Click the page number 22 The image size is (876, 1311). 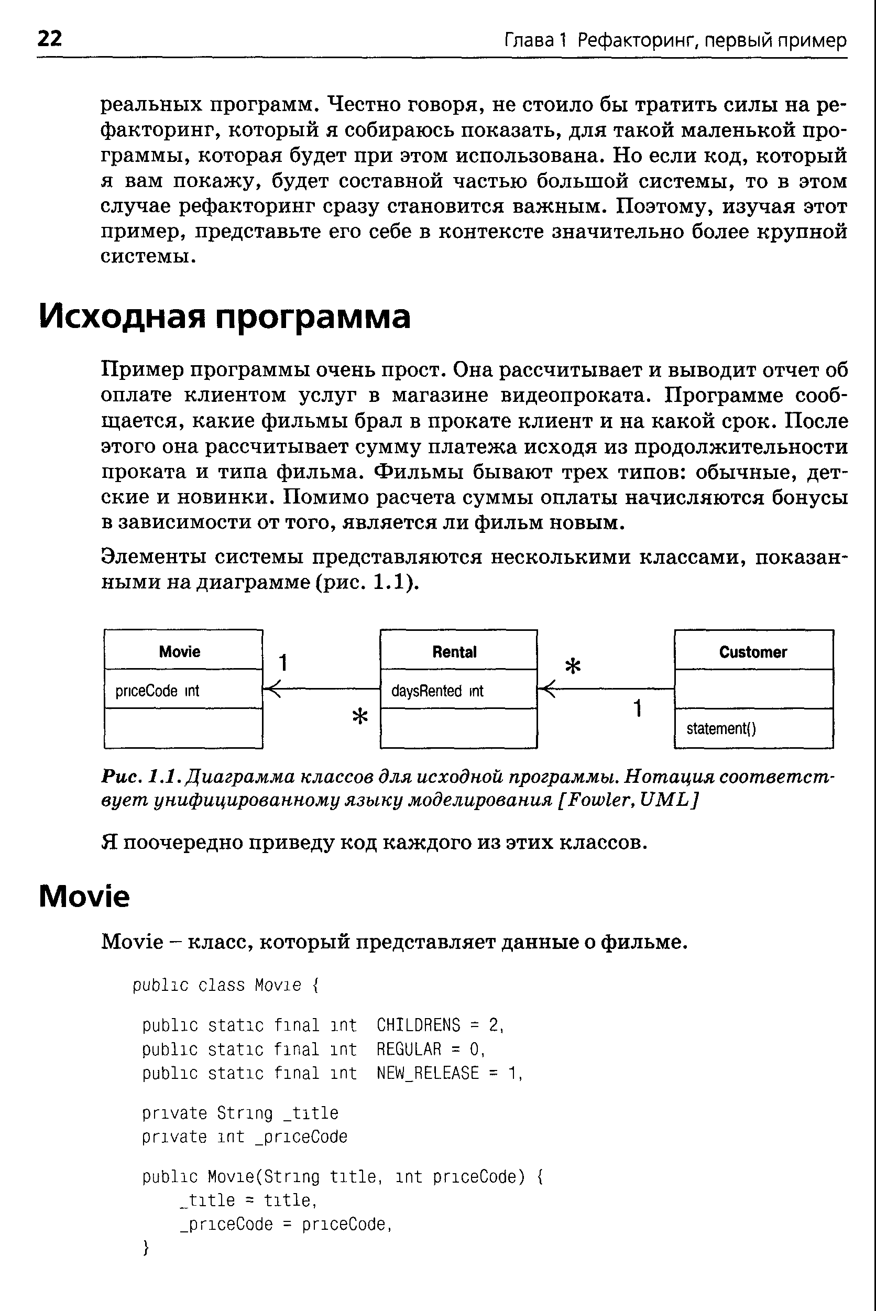tap(50, 39)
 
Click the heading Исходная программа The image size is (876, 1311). tap(225, 316)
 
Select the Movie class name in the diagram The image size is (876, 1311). tap(179, 651)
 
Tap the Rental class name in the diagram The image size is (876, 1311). tap(454, 652)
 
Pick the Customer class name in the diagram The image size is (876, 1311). tap(752, 652)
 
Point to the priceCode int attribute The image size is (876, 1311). tap(157, 691)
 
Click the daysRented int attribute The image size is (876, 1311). tap(437, 691)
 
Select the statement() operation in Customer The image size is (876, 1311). tap(721, 728)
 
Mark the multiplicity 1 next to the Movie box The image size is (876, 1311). tap(283, 662)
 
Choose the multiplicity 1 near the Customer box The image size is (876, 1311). tap(638, 708)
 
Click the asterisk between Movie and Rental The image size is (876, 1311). tap(360, 716)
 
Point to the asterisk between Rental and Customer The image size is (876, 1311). tap(573, 666)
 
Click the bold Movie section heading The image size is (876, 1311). tap(84, 897)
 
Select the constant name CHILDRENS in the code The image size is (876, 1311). tap(418, 1025)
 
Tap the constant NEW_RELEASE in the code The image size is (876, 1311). tap(428, 1073)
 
